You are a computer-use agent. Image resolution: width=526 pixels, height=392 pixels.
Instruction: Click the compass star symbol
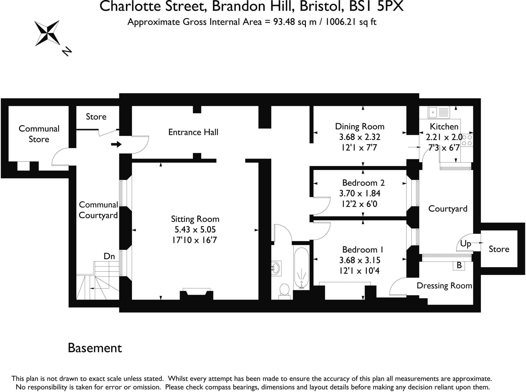pos(48,33)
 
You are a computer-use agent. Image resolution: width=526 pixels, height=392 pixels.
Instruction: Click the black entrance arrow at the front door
pos(116,144)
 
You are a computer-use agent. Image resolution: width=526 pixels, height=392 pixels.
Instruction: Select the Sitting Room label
pos(195,219)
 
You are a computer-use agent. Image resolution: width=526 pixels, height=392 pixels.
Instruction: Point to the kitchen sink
pos(439,112)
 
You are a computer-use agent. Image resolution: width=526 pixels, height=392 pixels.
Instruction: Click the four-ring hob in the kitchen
pos(467,140)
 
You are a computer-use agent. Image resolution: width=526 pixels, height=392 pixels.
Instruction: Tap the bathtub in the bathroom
pos(301,268)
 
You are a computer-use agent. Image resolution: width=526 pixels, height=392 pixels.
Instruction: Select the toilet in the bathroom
pos(284,291)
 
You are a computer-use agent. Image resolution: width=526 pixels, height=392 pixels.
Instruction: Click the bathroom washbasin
pos(276,268)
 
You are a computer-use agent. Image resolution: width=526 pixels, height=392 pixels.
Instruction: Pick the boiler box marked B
pos(459,265)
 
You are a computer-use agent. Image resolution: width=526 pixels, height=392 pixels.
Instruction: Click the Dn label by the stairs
pos(109,256)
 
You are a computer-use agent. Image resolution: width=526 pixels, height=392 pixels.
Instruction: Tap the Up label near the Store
pos(465,243)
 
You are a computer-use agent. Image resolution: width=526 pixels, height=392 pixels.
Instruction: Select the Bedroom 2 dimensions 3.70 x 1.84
pos(360,193)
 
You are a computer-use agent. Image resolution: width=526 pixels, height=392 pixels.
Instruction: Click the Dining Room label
pos(360,126)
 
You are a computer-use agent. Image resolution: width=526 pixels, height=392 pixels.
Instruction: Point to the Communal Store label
pos(39,134)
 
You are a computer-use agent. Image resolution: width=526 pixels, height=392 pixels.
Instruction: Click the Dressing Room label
pos(444,285)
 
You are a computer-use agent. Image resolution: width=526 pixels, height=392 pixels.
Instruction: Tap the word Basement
pos(95,348)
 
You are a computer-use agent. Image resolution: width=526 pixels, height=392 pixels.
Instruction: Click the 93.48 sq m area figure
pos(295,22)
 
